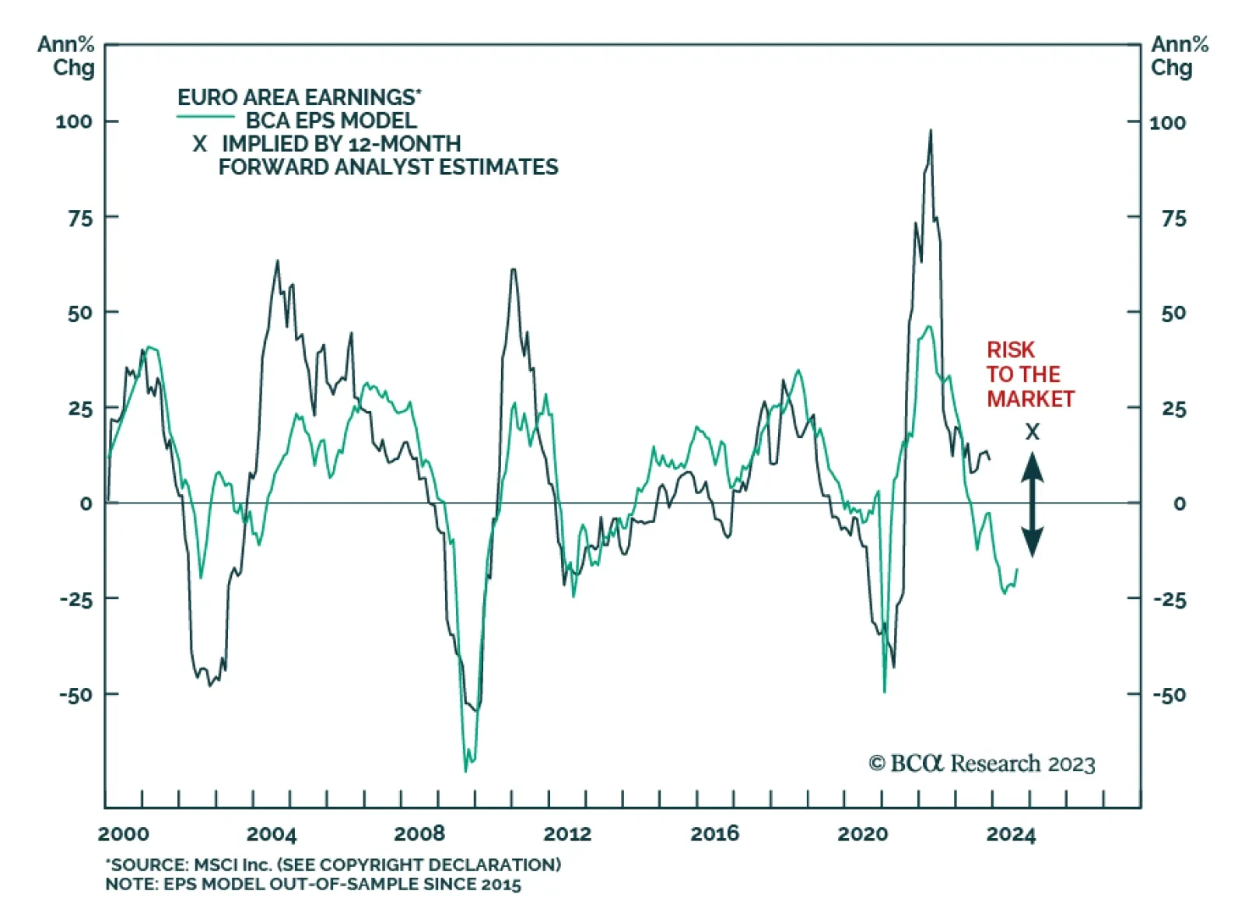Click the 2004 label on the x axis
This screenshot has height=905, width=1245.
271,834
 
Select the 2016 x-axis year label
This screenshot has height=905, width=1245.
714,834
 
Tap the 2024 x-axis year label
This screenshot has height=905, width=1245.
1011,834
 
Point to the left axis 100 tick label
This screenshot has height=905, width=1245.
73,121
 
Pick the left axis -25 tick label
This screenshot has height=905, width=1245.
77,599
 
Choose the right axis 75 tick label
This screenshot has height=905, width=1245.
1173,219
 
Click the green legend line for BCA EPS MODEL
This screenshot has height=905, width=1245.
205,117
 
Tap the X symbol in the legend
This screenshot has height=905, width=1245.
200,144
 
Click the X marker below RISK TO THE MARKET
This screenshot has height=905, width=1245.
1032,432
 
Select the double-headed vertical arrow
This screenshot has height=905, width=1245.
1032,504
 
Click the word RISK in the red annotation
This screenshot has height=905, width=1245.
1011,350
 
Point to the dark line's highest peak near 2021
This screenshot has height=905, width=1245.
930,132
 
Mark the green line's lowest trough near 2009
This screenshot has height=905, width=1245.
466,770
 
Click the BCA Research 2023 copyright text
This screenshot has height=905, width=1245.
982,763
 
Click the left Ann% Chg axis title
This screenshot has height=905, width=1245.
67,56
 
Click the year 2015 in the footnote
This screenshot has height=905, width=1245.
500,884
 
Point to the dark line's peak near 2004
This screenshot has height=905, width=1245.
277,261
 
